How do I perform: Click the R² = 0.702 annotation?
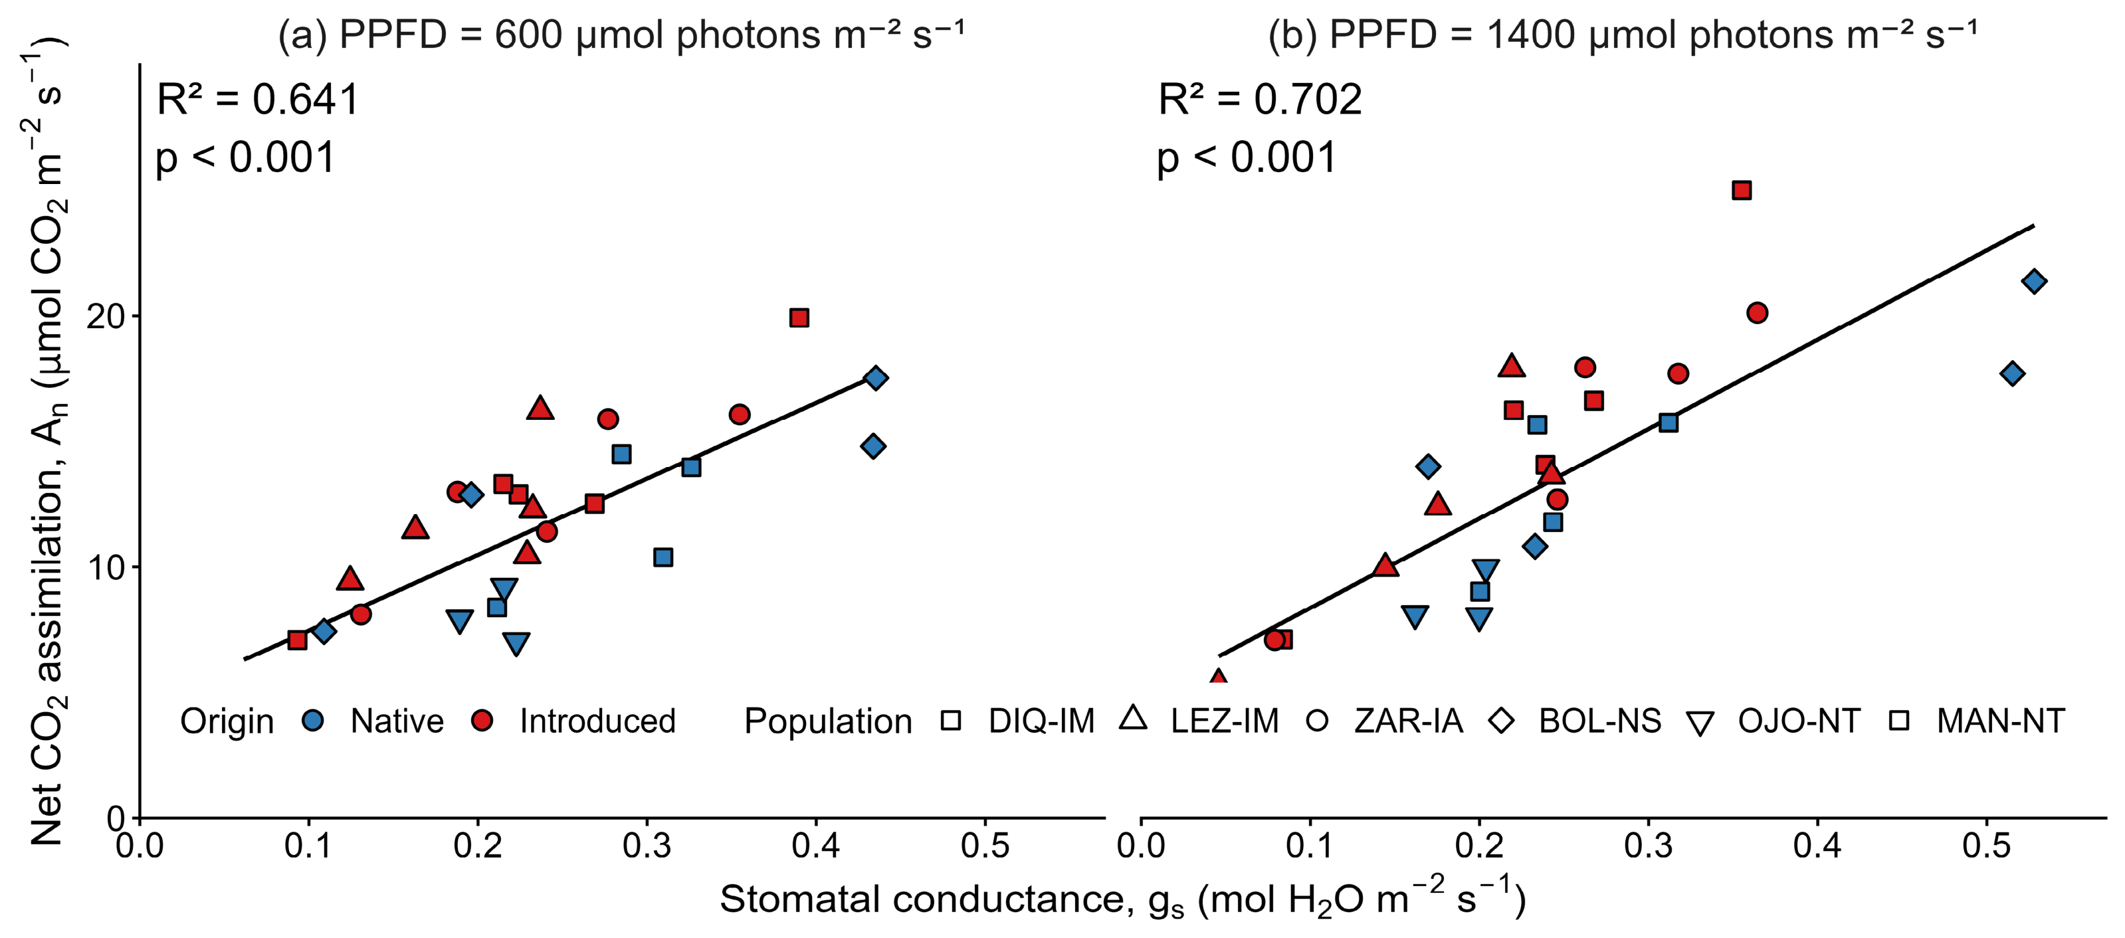click(x=1260, y=100)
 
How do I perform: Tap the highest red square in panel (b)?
click(x=1742, y=191)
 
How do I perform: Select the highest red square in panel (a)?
click(x=799, y=318)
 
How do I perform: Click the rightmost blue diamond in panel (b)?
click(x=2034, y=281)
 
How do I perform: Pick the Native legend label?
click(x=397, y=721)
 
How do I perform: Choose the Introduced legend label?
click(x=597, y=721)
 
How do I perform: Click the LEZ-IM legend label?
click(x=1224, y=721)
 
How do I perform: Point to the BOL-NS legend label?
click(x=1599, y=721)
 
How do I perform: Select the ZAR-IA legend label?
click(x=1408, y=721)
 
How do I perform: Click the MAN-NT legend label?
click(x=2001, y=721)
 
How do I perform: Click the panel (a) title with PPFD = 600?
click(x=621, y=35)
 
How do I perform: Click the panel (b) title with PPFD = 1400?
click(x=1623, y=35)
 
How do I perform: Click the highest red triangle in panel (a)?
click(x=540, y=407)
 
